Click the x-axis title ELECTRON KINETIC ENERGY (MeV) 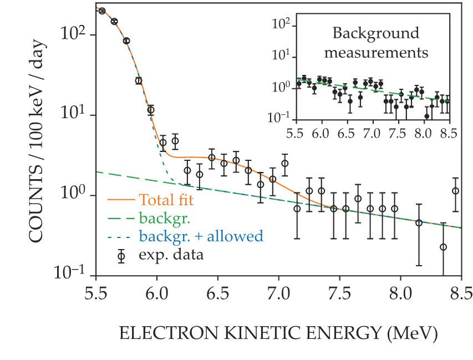[x=278, y=333]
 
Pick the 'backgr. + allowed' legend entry [x=201, y=236]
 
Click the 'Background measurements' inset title [x=376, y=43]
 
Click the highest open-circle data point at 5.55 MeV [x=101, y=11]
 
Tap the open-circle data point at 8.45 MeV [x=455, y=191]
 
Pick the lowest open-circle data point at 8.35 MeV [x=443, y=247]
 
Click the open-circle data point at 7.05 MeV [x=284, y=163]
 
